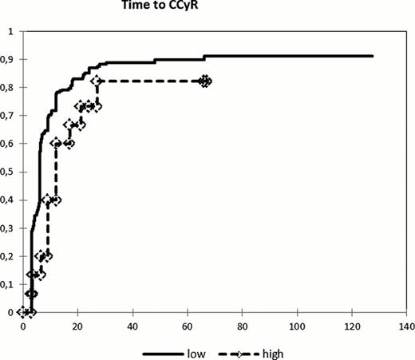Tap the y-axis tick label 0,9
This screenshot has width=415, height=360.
[x=10, y=60]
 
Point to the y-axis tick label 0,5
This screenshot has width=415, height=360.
[x=10, y=172]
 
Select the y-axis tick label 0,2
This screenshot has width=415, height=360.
[x=10, y=256]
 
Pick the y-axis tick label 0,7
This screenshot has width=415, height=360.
[x=10, y=116]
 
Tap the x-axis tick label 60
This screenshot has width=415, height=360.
[x=188, y=327]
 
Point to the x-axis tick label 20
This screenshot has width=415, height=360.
[x=78, y=327]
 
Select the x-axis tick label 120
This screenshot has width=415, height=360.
[x=352, y=327]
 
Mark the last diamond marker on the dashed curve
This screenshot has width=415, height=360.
[x=206, y=81]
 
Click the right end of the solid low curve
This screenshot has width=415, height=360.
[x=373, y=56]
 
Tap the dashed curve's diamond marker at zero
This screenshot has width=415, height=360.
[x=25, y=312]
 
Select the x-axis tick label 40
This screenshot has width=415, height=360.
[x=132, y=327]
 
